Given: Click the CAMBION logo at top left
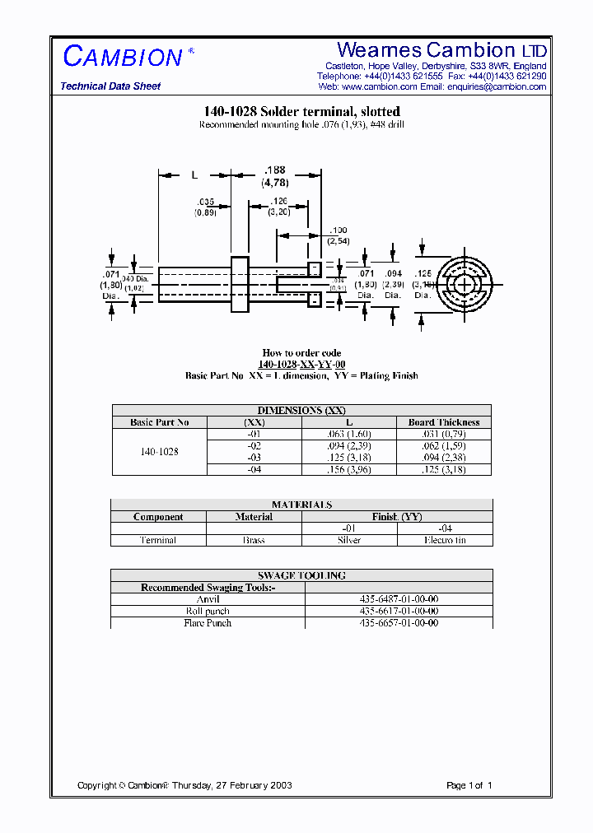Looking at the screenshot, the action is (x=123, y=57).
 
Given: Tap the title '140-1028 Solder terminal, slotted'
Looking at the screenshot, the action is (x=301, y=111).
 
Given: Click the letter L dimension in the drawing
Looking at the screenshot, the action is (x=194, y=175).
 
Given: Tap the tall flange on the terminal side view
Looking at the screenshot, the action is (x=240, y=284).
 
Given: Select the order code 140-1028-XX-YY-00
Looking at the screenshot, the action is (x=301, y=365).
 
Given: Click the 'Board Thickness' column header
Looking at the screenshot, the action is (x=444, y=422).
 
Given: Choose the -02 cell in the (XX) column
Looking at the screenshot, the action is (x=254, y=445).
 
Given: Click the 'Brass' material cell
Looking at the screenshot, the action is (x=254, y=540).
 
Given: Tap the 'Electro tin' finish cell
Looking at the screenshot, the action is (x=445, y=540).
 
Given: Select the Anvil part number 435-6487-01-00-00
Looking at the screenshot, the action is (x=399, y=599).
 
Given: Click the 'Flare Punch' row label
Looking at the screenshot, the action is (x=208, y=623).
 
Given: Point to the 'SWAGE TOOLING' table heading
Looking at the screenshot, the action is (x=301, y=575).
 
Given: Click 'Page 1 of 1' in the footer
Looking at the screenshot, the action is (x=469, y=785).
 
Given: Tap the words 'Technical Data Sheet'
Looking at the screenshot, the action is (x=110, y=86).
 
